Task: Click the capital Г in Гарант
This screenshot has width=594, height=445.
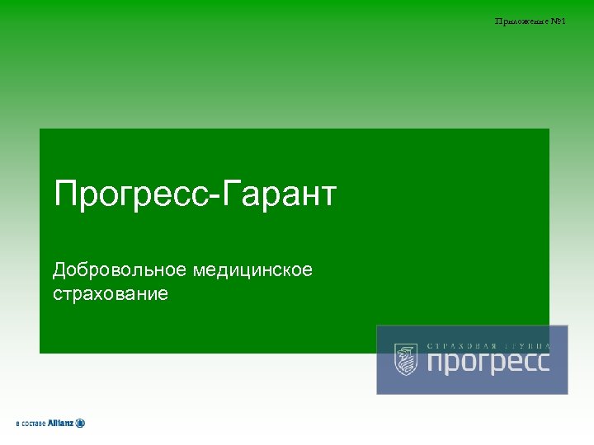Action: pyautogui.click(x=229, y=195)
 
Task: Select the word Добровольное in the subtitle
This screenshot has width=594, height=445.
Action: pyautogui.click(x=120, y=269)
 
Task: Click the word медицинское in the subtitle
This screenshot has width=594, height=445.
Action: pyautogui.click(x=253, y=269)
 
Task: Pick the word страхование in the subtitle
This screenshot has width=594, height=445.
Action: pyautogui.click(x=111, y=293)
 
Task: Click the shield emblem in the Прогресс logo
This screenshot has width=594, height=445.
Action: pyautogui.click(x=405, y=359)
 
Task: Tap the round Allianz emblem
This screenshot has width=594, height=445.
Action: pyautogui.click(x=80, y=423)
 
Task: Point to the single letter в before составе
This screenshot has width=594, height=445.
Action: pyautogui.click(x=17, y=424)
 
